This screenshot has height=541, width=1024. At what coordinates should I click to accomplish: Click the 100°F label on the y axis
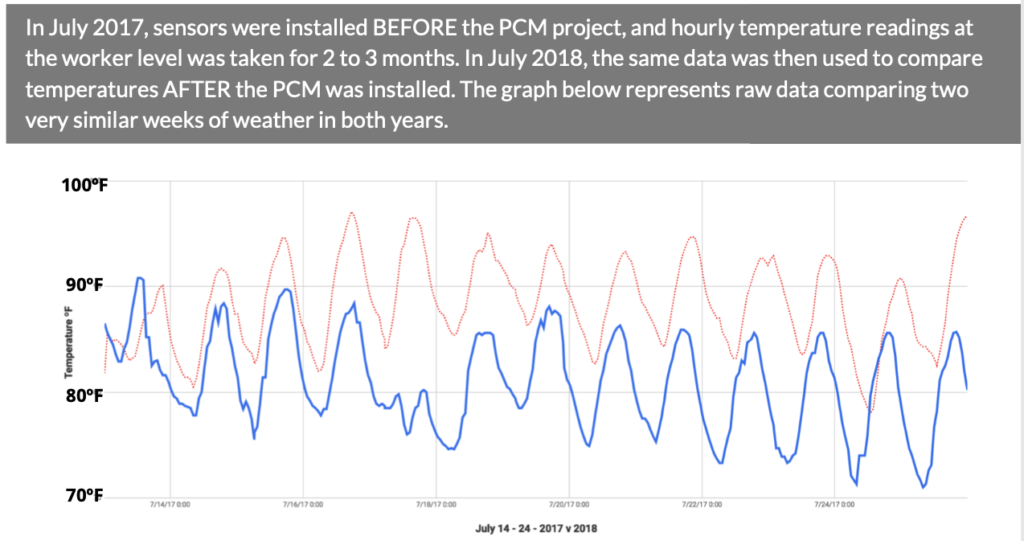pyautogui.click(x=85, y=186)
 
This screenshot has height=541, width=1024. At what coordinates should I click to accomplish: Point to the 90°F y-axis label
pyautogui.click(x=83, y=286)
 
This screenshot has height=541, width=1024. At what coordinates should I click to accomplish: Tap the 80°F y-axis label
pyautogui.click(x=83, y=395)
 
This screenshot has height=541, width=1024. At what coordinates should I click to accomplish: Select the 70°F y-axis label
pyautogui.click(x=83, y=495)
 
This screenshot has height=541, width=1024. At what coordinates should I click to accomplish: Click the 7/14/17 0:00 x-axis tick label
pyautogui.click(x=170, y=505)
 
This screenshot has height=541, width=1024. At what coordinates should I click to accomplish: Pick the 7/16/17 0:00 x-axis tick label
pyautogui.click(x=303, y=505)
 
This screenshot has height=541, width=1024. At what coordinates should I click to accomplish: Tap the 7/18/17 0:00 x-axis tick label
pyautogui.click(x=436, y=505)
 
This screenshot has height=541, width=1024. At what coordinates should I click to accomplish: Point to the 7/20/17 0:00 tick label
pyautogui.click(x=569, y=505)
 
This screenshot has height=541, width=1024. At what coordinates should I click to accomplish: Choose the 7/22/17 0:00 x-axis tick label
pyautogui.click(x=702, y=505)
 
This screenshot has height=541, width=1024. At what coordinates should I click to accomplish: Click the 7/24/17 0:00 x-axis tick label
pyautogui.click(x=835, y=505)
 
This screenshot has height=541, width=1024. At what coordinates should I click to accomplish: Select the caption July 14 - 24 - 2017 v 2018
pyautogui.click(x=536, y=528)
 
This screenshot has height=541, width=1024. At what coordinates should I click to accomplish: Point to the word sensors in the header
pyautogui.click(x=181, y=29)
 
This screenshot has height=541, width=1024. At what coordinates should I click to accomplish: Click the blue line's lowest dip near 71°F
pyautogui.click(x=924, y=487)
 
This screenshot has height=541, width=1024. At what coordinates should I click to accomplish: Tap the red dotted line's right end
pyautogui.click(x=965, y=216)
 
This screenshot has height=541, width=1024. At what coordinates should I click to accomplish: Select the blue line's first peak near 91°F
pyautogui.click(x=139, y=278)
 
